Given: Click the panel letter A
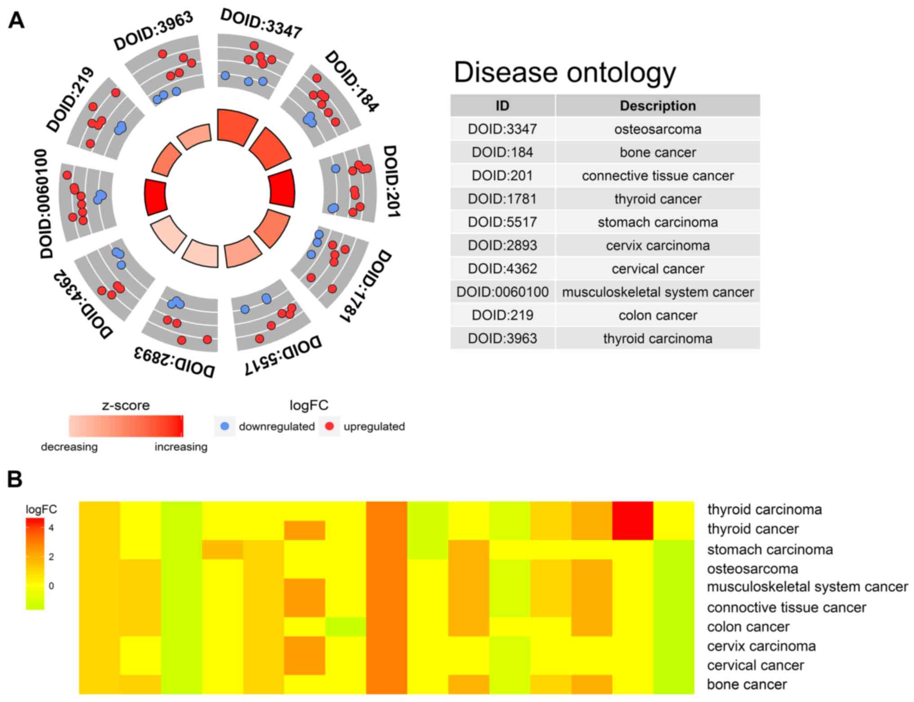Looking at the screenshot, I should pyautogui.click(x=16, y=20).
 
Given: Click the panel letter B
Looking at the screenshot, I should pyautogui.click(x=15, y=479).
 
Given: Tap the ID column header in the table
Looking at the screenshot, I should pyautogui.click(x=502, y=106).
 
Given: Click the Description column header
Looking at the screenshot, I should pyautogui.click(x=657, y=106).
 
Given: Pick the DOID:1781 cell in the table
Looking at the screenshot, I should pyautogui.click(x=502, y=199).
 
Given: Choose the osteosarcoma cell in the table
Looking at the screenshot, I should pyautogui.click(x=657, y=129).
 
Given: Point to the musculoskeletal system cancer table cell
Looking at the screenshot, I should pyautogui.click(x=657, y=292).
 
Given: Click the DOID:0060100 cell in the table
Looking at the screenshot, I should pyautogui.click(x=502, y=292).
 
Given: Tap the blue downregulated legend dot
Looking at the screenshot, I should pyautogui.click(x=225, y=426).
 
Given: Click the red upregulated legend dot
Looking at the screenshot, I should pyautogui.click(x=329, y=426).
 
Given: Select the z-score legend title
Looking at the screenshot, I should pyautogui.click(x=126, y=405).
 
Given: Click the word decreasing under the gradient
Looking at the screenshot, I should pyautogui.click(x=69, y=447).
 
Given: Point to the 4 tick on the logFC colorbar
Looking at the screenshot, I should pyautogui.click(x=51, y=528).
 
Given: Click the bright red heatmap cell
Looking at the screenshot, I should pyautogui.click(x=633, y=521).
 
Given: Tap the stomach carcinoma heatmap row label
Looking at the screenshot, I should pyautogui.click(x=770, y=549).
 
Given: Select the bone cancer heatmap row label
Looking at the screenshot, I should pyautogui.click(x=747, y=684).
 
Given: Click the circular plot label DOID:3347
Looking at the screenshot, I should pyautogui.click(x=261, y=24).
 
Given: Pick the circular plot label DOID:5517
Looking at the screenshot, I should pyautogui.click(x=284, y=355).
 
